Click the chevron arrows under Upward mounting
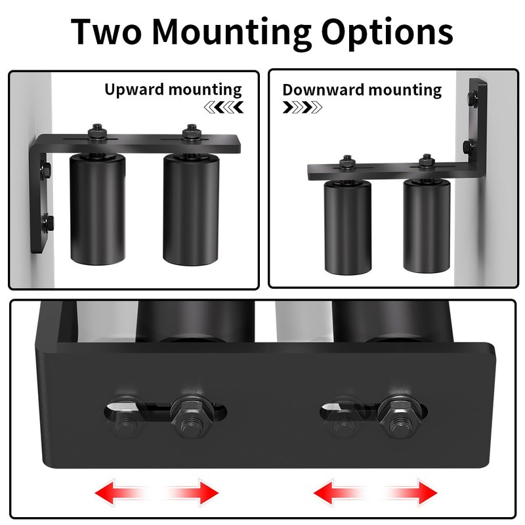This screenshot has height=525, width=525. tap(224, 107)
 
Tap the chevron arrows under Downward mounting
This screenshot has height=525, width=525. tap(302, 107)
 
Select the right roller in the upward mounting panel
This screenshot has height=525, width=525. tap(191, 208)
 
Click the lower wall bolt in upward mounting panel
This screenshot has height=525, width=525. tap(46, 223)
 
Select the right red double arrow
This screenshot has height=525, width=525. tap(376, 491)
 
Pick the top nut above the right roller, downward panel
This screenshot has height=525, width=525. tap(427, 161)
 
